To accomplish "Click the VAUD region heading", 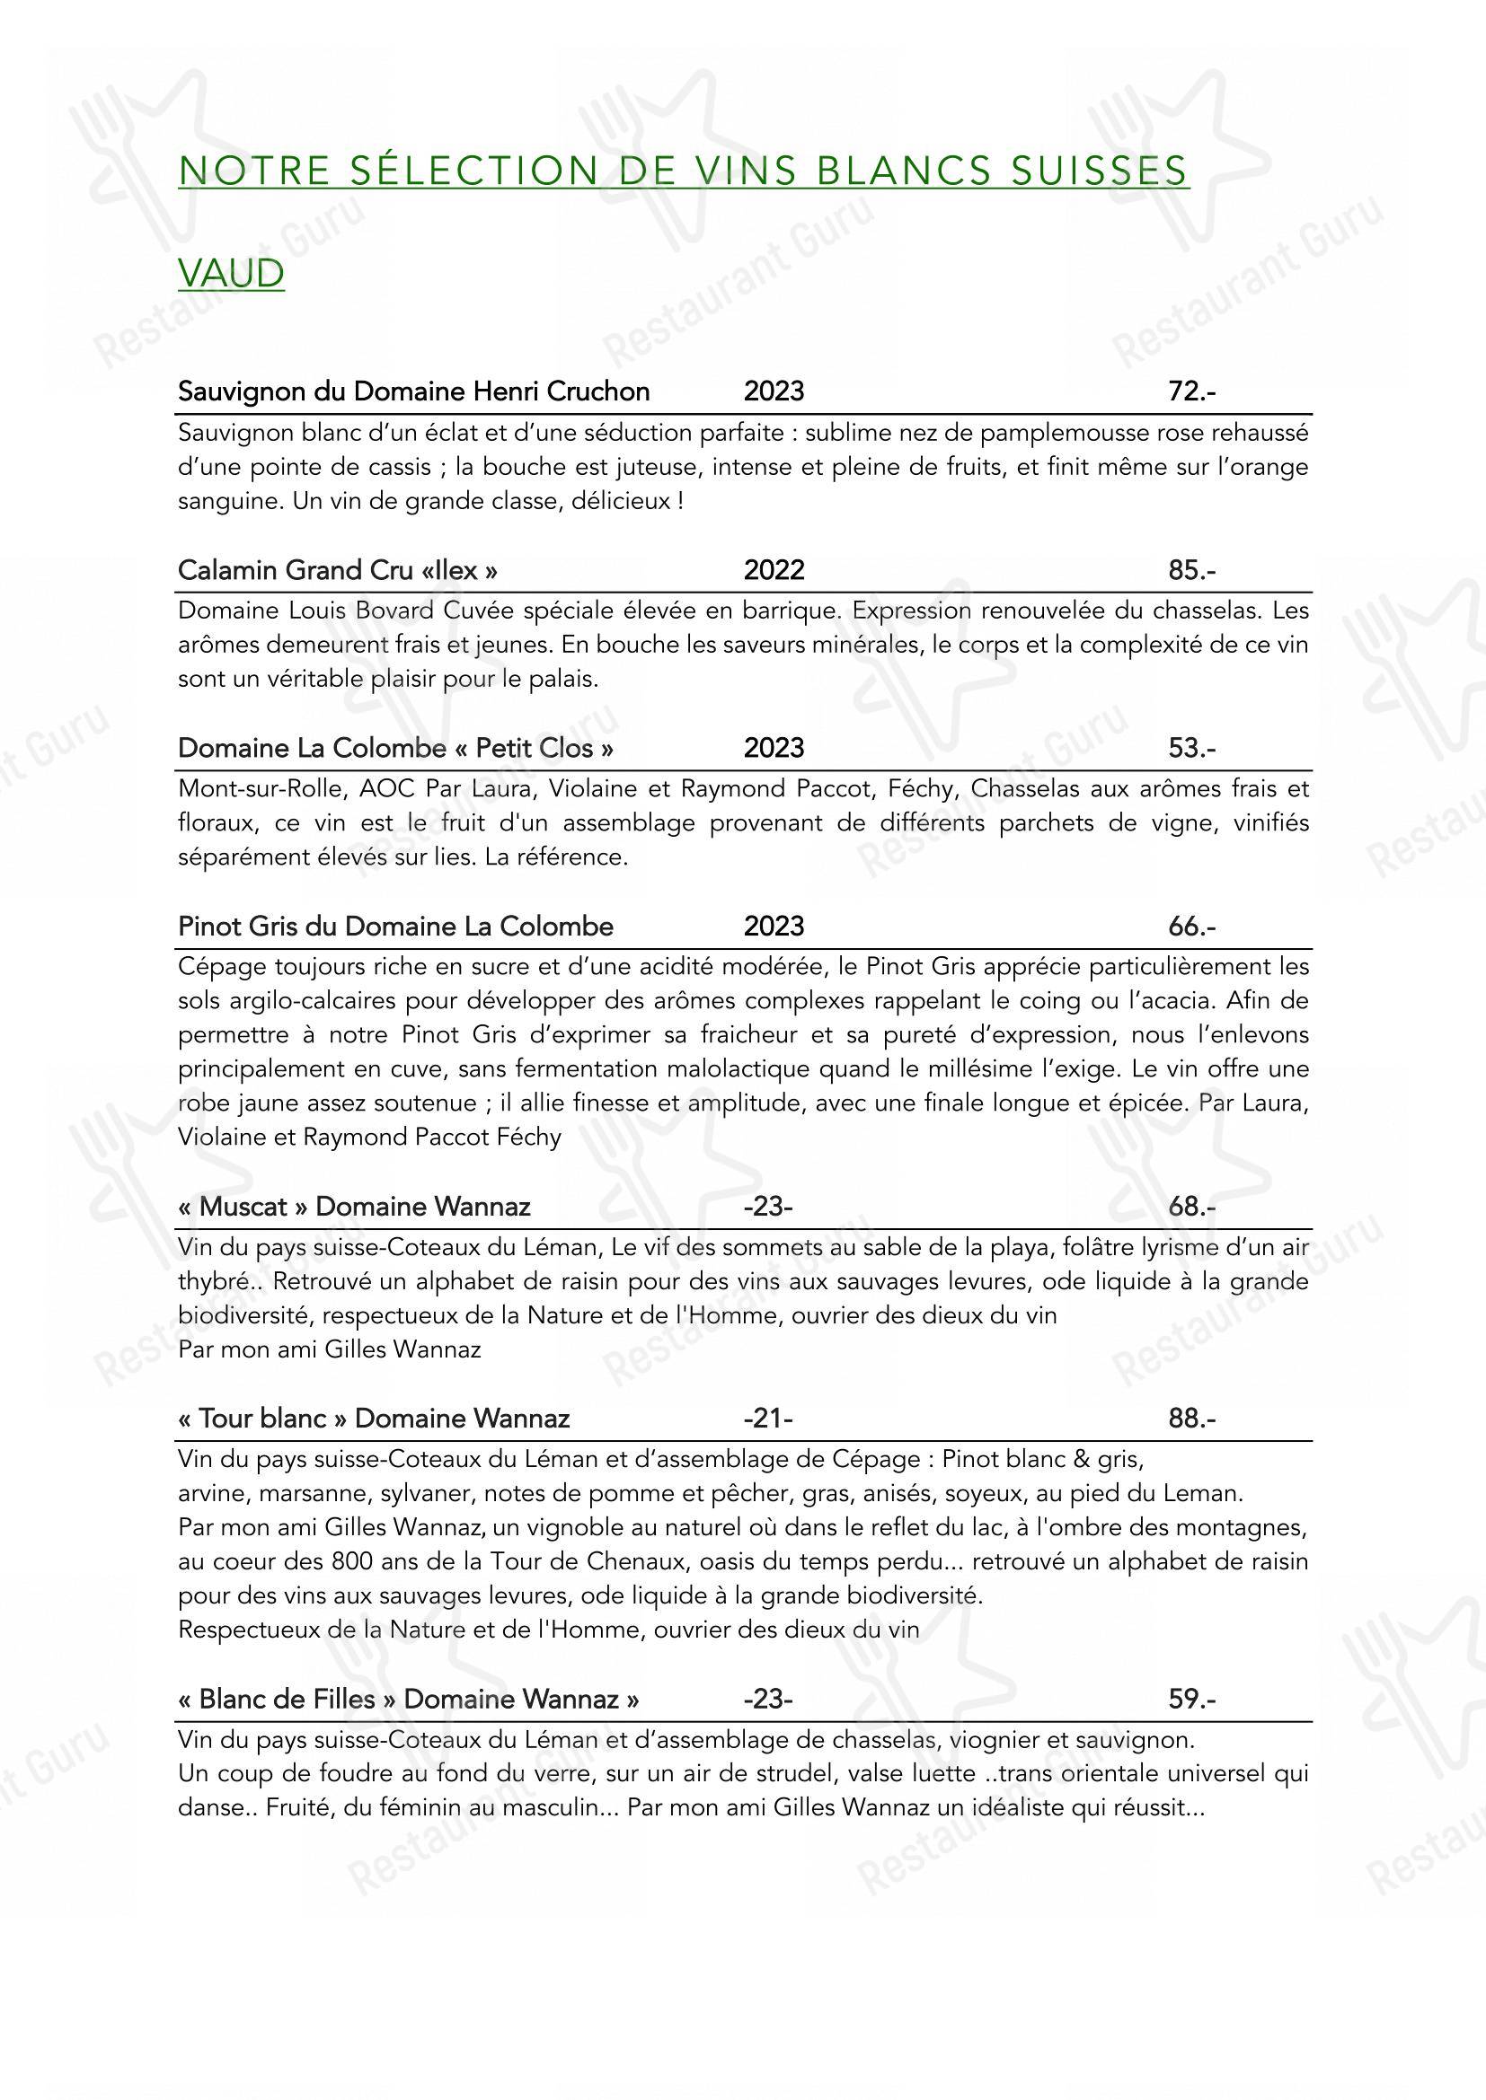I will [x=231, y=274].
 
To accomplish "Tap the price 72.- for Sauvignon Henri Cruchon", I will [x=1191, y=391].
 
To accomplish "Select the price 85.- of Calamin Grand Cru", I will [x=1191, y=570].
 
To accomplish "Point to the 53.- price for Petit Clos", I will [x=1191, y=748].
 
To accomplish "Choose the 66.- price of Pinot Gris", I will [x=1191, y=927].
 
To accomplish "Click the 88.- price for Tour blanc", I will [x=1191, y=1419].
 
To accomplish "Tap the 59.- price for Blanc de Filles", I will [x=1191, y=1700].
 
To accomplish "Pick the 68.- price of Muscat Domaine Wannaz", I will [x=1191, y=1207].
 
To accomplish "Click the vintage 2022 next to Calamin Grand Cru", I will [x=774, y=570].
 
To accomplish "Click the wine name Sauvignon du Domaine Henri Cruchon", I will [x=413, y=391].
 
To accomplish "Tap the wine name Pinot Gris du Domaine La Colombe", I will [x=395, y=927].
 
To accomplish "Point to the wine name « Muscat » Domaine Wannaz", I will [x=354, y=1207].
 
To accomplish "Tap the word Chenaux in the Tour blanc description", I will [x=650, y=1561].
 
